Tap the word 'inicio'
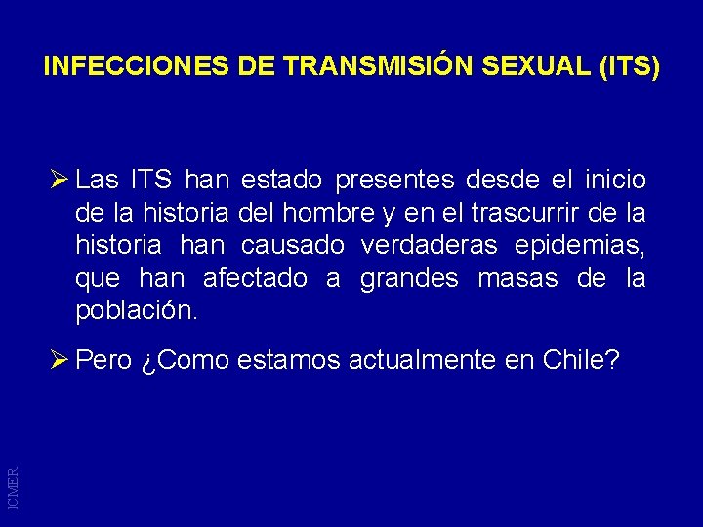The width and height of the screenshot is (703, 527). coord(614,181)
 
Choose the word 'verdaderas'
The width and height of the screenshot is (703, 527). coord(436,246)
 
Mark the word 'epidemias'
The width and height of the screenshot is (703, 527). coord(588,246)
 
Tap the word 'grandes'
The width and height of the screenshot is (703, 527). coord(409,279)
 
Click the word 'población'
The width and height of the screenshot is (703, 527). coord(136,312)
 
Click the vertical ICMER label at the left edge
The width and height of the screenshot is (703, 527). coord(13,485)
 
